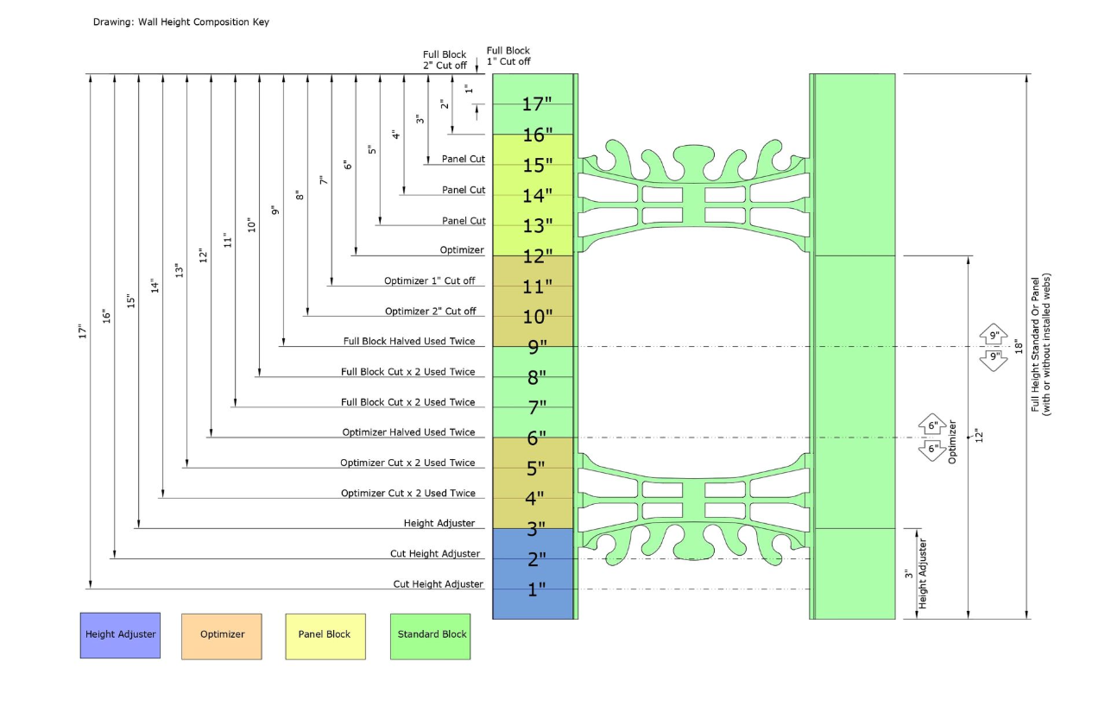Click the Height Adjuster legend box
[120, 635]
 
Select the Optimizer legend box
[222, 636]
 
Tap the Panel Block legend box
[325, 636]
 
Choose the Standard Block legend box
[431, 636]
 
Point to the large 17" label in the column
[537, 104]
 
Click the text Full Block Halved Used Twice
[409, 341]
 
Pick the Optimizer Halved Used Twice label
[408, 432]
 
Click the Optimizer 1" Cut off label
[430, 280]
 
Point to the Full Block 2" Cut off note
[445, 60]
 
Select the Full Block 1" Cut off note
[508, 56]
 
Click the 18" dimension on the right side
[1019, 347]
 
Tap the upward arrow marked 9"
[994, 334]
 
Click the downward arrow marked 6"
[932, 450]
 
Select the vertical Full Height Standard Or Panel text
[1040, 344]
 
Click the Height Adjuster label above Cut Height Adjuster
[439, 523]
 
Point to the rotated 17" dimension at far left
[82, 331]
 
